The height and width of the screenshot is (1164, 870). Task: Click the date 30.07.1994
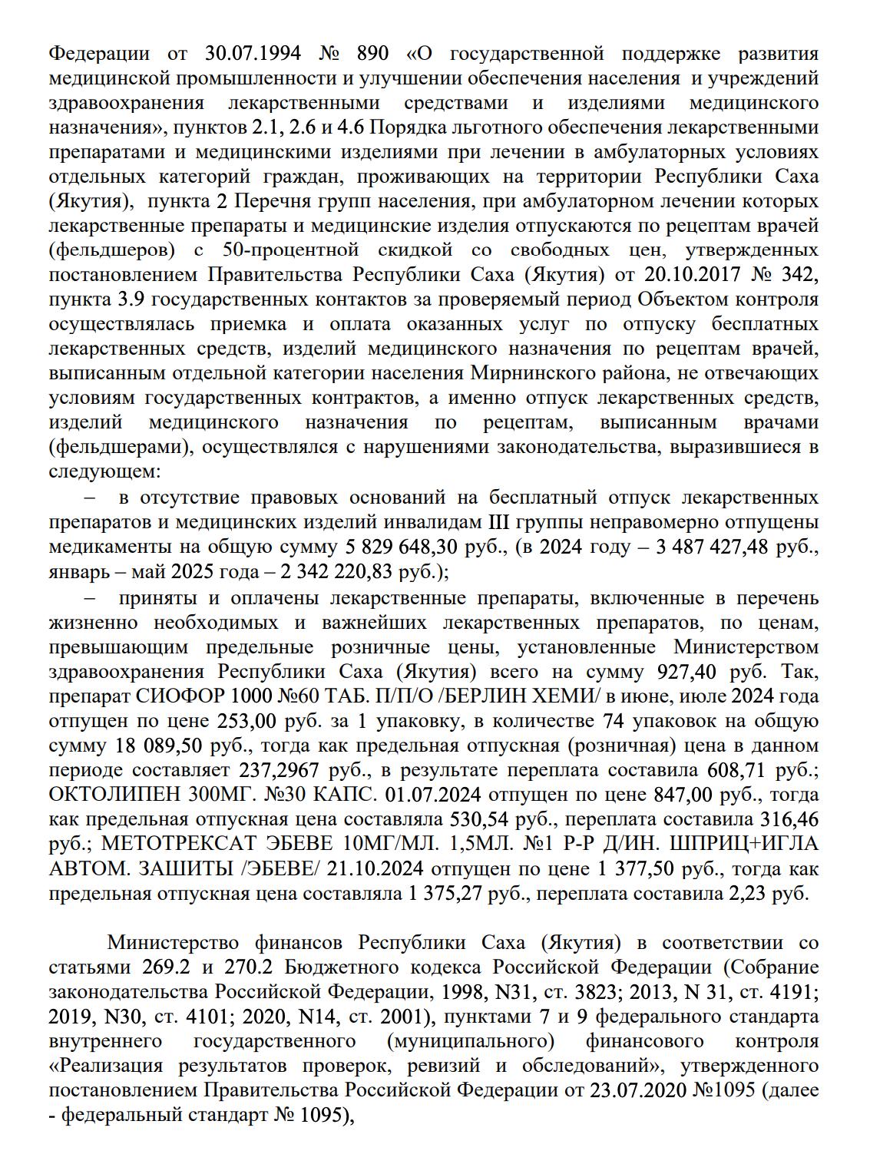coord(253,54)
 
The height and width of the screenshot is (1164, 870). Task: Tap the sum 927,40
coord(687,672)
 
